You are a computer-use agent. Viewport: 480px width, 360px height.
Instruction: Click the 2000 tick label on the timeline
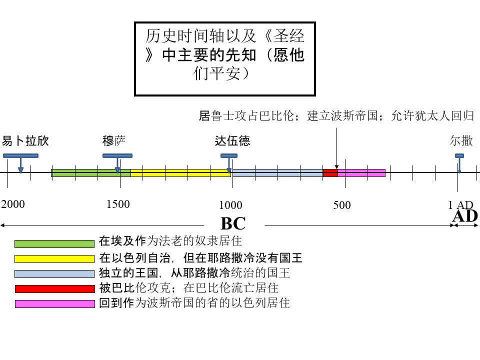(13, 204)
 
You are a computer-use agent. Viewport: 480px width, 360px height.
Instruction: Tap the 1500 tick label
(118, 204)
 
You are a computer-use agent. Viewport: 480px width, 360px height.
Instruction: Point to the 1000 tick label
(230, 205)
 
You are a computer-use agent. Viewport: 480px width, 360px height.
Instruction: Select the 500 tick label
(342, 205)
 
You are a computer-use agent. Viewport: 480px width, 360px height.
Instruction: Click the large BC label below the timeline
(233, 223)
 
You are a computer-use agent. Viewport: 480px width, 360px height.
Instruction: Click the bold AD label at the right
(465, 216)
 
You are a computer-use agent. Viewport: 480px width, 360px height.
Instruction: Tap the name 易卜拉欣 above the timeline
(25, 141)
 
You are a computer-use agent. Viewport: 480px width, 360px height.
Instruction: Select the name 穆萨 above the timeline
(114, 141)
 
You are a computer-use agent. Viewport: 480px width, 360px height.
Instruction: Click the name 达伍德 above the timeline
(232, 141)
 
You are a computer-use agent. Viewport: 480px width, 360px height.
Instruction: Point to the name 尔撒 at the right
(461, 141)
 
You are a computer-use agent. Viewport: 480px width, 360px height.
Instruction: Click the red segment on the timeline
(330, 173)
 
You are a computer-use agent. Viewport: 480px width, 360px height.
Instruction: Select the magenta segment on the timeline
(361, 173)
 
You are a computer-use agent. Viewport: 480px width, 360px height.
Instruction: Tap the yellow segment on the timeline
(180, 173)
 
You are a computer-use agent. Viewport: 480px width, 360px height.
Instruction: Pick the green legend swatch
(54, 243)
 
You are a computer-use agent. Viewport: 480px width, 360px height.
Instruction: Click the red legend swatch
(55, 288)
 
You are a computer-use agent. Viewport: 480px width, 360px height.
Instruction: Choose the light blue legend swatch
(54, 273)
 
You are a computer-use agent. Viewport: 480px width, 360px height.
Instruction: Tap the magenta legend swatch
(55, 303)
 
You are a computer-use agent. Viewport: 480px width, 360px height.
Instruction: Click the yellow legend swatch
(54, 258)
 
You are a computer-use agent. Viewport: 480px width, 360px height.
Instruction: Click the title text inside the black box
(224, 54)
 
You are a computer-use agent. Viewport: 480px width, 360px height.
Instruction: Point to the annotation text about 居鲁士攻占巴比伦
(336, 115)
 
